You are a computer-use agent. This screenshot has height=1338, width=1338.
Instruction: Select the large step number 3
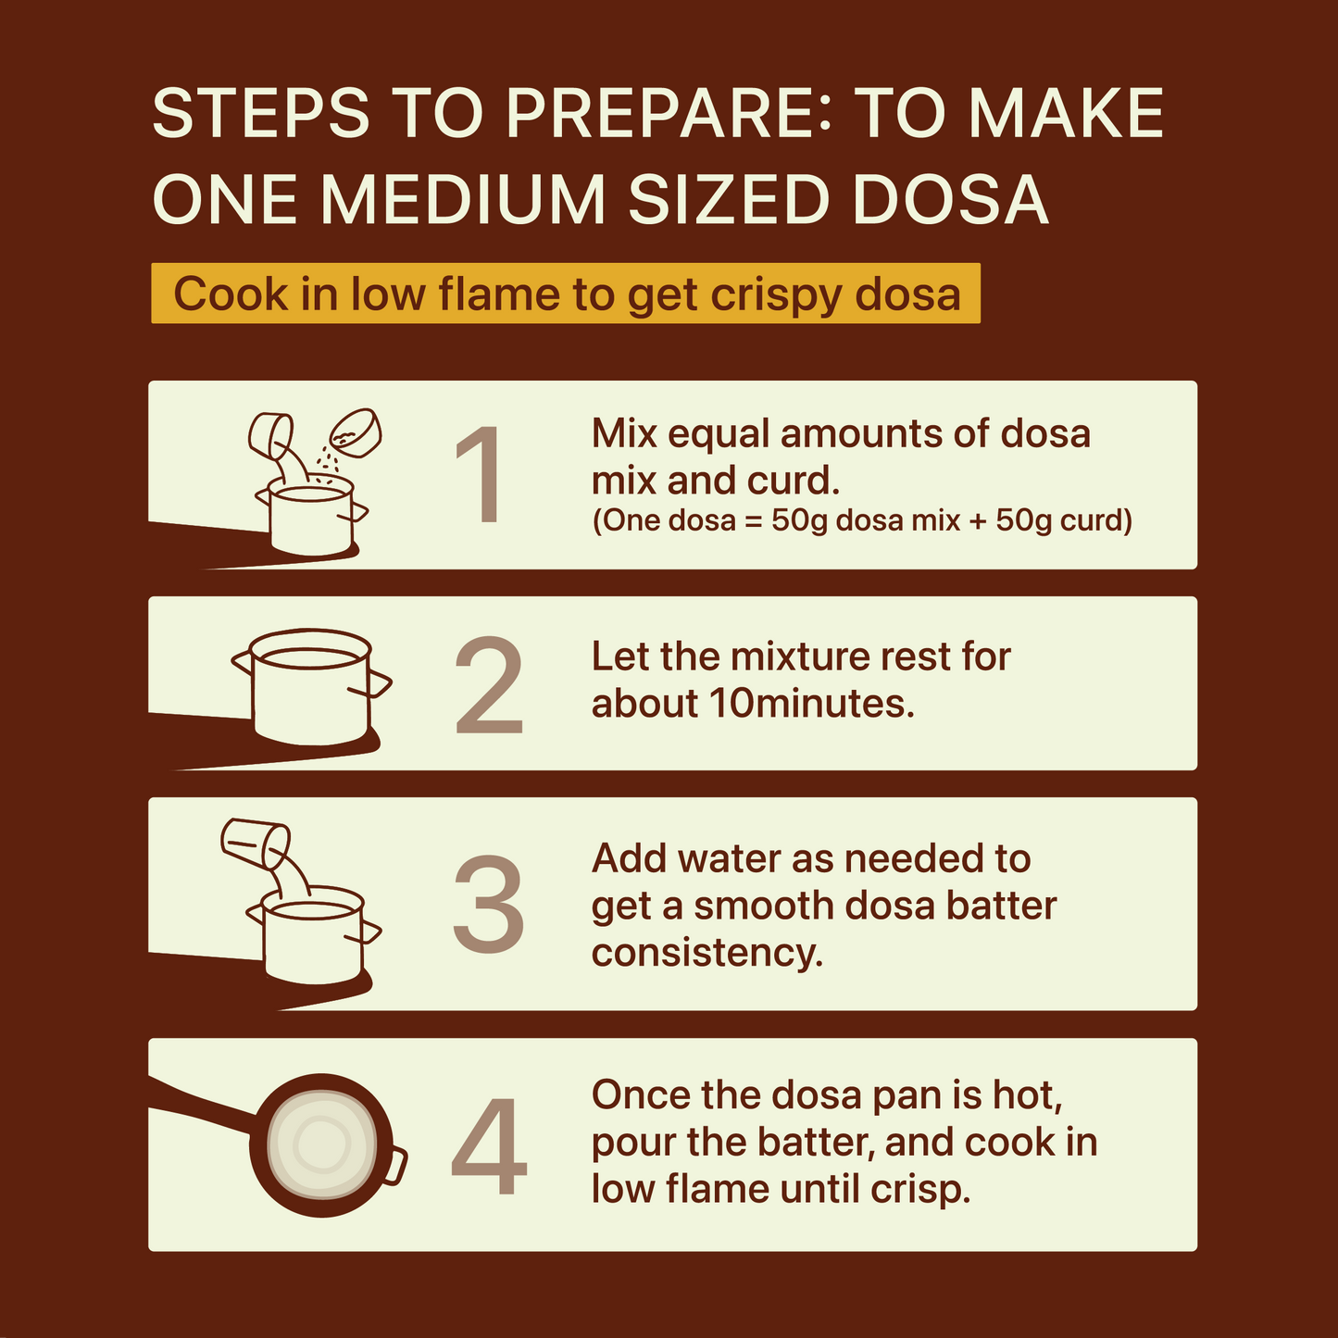[488, 905]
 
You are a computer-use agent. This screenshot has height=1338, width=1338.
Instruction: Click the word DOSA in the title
[950, 199]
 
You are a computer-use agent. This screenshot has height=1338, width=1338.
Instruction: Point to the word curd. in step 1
[799, 481]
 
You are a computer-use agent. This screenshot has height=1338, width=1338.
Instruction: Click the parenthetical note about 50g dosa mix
[861, 521]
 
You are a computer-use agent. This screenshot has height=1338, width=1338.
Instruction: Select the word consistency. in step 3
[707, 953]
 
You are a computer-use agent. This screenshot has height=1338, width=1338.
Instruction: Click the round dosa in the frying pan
[321, 1146]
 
